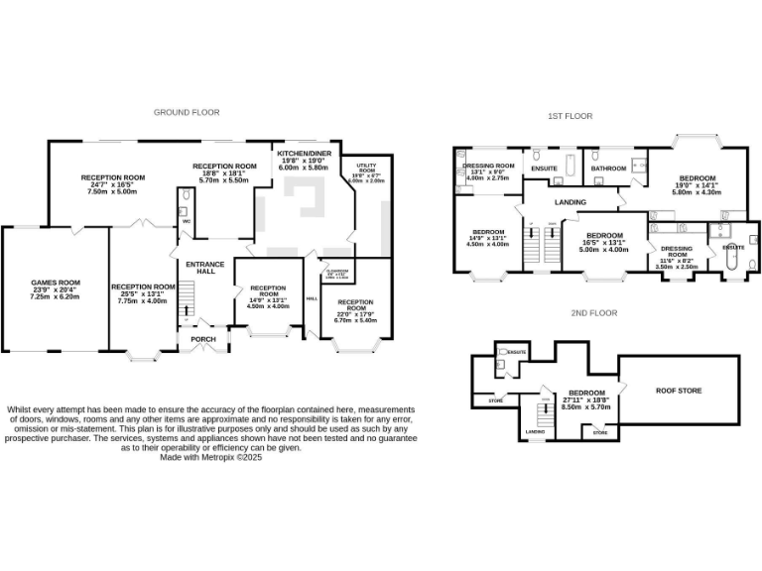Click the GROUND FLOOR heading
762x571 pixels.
186,112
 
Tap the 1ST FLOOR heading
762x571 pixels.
570,116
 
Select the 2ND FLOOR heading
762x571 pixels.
593,313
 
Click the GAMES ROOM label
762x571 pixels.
55,282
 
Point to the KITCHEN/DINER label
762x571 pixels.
305,154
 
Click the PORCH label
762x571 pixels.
201,339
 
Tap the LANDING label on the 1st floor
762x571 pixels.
570,202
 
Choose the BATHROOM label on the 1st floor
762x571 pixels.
608,169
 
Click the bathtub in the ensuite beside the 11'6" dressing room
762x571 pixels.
732,260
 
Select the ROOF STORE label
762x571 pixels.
679,391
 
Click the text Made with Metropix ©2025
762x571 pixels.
211,457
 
